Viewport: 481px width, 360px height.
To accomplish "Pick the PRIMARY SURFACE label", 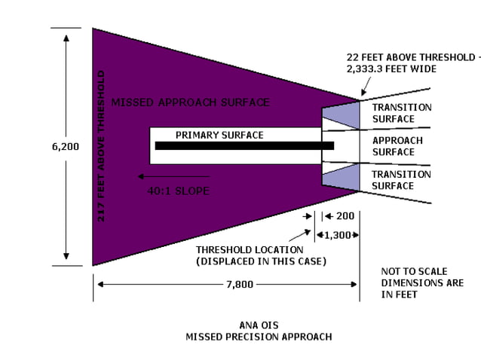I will coord(219,135).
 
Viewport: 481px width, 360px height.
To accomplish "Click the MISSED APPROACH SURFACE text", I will coord(190,102).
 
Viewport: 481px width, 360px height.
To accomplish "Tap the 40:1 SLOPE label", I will coord(178,191).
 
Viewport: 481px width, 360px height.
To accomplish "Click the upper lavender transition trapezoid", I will coord(339,116).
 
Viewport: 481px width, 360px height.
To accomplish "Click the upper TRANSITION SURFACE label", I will coord(402,113).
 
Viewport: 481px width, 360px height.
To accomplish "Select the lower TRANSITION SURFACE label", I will coord(402,180).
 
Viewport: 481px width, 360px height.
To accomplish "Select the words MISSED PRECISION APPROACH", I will coord(258,337).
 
